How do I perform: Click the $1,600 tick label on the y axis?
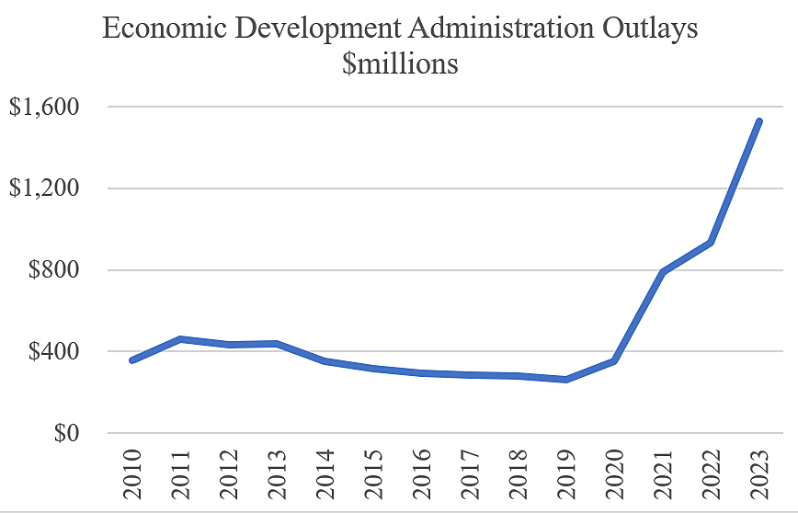point(43,107)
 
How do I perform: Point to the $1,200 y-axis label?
point(43,188)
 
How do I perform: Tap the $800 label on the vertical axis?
point(52,270)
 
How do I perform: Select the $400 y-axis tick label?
point(52,351)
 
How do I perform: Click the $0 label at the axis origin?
point(63,433)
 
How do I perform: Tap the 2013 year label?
point(279,474)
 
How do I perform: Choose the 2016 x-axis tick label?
point(422,474)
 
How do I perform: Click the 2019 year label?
point(566,474)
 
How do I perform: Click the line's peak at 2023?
point(758,121)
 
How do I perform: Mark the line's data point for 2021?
point(662,272)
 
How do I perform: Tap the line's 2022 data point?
point(710,243)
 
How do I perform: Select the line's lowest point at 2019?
point(566,380)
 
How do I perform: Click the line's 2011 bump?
point(182,339)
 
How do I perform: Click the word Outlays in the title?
point(644,28)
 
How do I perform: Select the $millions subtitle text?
point(400,65)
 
